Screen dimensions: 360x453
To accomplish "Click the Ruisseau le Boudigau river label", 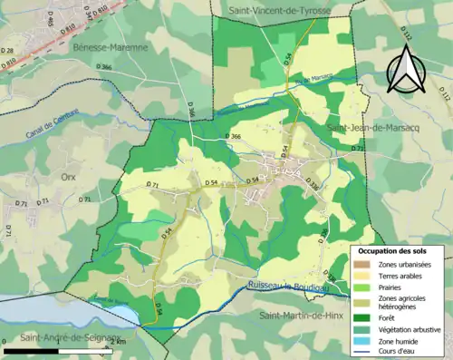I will click(294, 287).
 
